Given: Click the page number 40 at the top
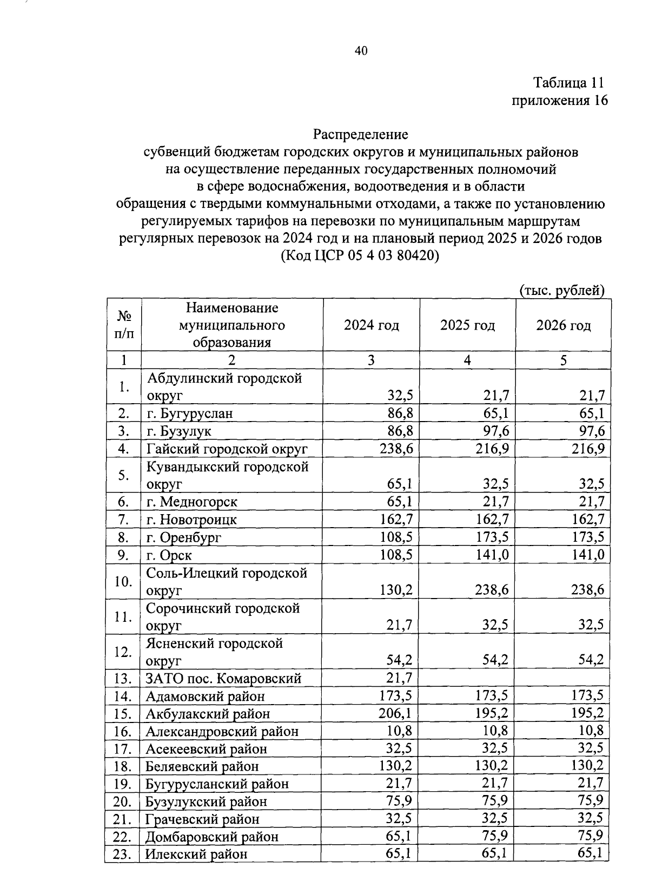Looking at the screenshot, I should point(361,51).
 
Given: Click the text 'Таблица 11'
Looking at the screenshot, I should point(568,83).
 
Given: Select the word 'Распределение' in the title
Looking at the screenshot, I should point(361,134).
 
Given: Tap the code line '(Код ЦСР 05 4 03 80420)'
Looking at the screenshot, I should point(361,256).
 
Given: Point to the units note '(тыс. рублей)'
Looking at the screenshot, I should point(561,291).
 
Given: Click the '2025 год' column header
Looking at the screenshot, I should point(467,325).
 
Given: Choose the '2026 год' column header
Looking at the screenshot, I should point(563,325).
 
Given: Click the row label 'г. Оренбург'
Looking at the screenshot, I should point(184,538).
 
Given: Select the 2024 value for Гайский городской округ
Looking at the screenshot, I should point(396,449).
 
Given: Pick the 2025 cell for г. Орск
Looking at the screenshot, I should point(492,555).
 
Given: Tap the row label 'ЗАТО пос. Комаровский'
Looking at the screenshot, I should point(223,679).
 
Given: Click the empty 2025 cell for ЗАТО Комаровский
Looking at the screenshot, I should point(467,679).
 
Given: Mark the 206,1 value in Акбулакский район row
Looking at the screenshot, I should point(395,713).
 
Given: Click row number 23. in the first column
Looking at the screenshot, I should point(123,855).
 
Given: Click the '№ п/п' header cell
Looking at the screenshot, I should point(124,325).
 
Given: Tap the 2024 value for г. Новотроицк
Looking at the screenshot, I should point(396,520).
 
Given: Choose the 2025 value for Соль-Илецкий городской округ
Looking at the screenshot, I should point(492,590).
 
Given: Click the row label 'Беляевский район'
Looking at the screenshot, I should point(202,766).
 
